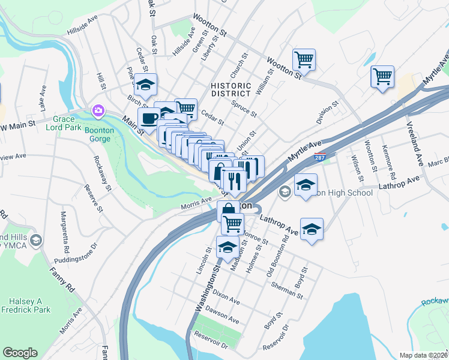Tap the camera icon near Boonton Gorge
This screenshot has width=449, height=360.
[97, 111]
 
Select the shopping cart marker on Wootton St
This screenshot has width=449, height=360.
[304, 59]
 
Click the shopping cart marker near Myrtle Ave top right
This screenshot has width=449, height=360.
[382, 76]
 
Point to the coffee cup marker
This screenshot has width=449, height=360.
[149, 118]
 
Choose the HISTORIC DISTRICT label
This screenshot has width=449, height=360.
[231, 89]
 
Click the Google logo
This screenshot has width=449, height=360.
[20, 353]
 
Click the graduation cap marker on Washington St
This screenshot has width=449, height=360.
[228, 247]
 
